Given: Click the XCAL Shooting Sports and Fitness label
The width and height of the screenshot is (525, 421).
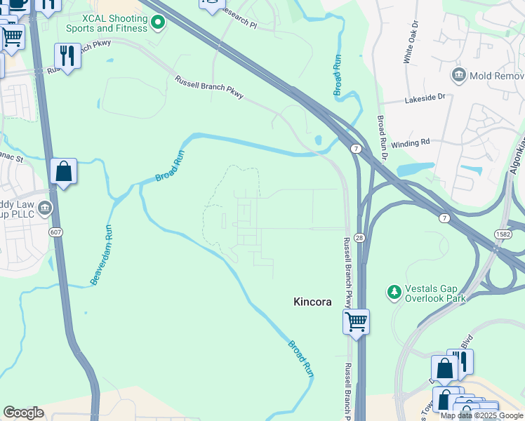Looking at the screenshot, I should click(105, 23).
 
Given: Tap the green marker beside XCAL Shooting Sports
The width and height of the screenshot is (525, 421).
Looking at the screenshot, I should click(159, 23).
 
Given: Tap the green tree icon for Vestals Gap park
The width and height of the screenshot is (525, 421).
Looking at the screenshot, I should click(394, 291).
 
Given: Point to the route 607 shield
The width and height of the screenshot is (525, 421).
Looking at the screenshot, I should click(55, 231).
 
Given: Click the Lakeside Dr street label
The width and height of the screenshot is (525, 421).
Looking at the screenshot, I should click(425, 100).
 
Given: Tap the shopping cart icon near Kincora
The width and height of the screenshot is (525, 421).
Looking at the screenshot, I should click(357, 322).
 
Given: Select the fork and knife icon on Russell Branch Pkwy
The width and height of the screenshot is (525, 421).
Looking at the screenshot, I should click(67, 56).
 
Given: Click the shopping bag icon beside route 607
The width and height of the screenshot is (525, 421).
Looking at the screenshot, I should click(63, 171).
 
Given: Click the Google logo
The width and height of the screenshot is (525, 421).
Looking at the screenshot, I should click(23, 413).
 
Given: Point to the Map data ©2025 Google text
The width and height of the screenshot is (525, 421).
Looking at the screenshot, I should click(481, 415).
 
